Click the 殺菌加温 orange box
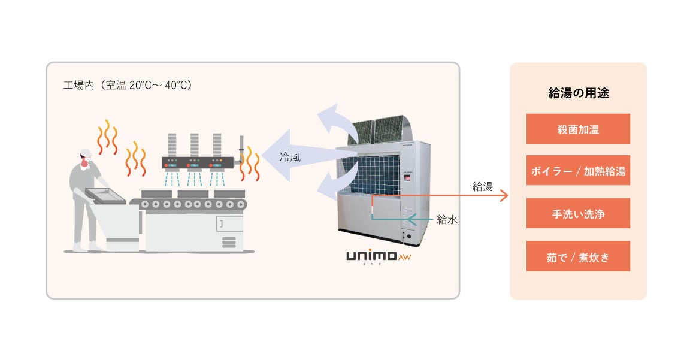(578, 129)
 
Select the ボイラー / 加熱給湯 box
(578, 171)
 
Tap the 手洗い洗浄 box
(578, 213)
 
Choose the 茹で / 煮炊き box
(578, 256)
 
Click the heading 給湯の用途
(579, 93)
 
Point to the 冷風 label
(290, 158)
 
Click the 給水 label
(447, 220)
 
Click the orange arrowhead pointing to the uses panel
(504, 196)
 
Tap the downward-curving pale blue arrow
(333, 185)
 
